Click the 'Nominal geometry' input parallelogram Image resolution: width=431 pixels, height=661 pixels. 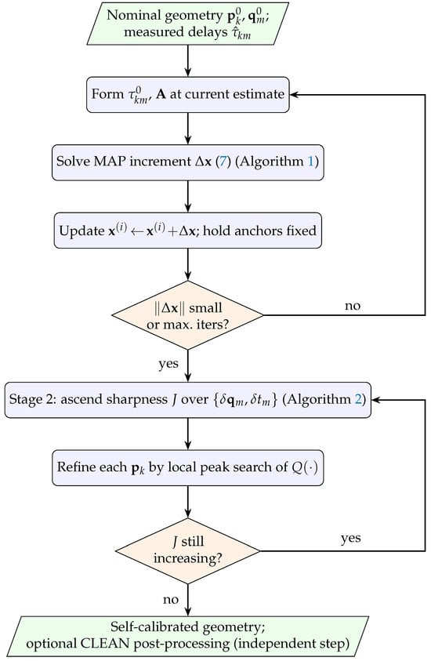(188, 24)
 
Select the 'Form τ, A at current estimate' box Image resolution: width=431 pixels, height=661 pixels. (188, 94)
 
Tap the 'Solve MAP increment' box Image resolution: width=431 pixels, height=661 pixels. (188, 162)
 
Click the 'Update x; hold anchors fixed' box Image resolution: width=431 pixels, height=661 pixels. (188, 231)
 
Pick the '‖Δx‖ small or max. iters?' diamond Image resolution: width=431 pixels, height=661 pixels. (188, 315)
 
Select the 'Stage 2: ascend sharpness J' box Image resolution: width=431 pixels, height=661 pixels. (188, 400)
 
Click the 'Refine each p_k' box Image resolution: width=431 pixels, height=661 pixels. (188, 467)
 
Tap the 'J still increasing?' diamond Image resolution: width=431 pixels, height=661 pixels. (188, 550)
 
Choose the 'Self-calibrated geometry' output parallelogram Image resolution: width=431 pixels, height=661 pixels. (188, 636)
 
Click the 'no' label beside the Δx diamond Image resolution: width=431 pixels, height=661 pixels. (353, 306)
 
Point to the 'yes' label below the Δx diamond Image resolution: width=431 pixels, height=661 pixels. (168, 364)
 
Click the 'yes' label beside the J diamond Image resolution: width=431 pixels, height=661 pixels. (351, 539)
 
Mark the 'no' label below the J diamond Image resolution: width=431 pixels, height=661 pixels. (171, 600)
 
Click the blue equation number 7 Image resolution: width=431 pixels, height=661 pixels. (223, 162)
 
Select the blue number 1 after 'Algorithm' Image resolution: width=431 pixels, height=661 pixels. (311, 162)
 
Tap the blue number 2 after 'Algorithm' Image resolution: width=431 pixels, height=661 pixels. (358, 399)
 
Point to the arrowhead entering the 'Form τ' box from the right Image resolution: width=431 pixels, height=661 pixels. (294, 94)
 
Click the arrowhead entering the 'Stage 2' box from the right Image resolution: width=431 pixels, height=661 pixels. (376, 400)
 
